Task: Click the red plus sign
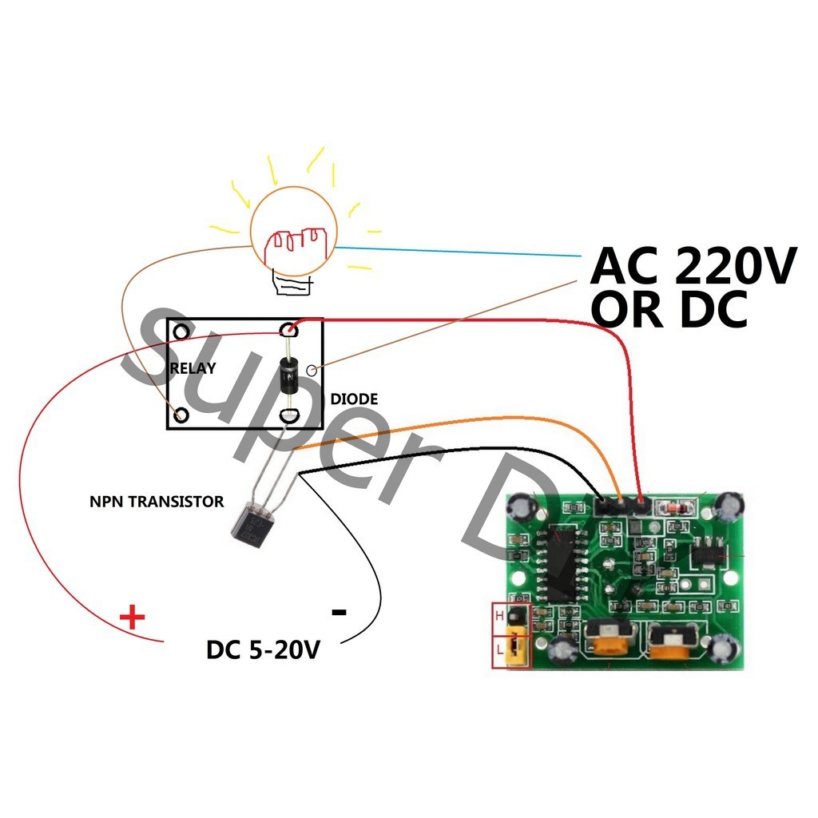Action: [x=133, y=617]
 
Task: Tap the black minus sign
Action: [x=339, y=613]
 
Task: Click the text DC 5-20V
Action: [x=263, y=649]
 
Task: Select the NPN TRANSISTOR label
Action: [x=157, y=502]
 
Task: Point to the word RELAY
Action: [x=193, y=368]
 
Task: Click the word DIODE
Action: [x=354, y=399]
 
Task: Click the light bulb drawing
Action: [x=293, y=232]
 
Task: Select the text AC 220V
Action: [x=693, y=267]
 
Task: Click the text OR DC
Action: [x=669, y=310]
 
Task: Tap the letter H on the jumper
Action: [x=500, y=616]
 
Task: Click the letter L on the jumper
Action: [x=500, y=649]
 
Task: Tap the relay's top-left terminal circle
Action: [x=182, y=331]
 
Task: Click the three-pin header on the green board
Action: [x=621, y=505]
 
